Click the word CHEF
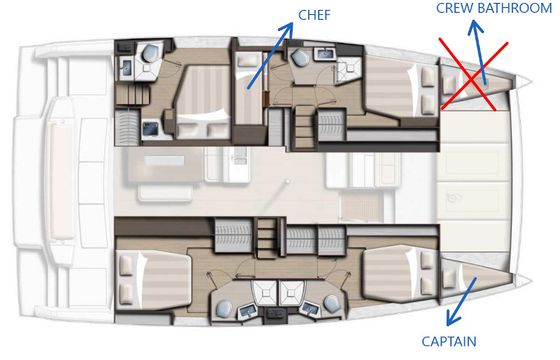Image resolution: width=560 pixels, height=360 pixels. pos(314,15)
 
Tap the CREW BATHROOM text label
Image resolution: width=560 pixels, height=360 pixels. pos(494,8)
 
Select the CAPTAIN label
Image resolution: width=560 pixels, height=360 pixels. pos(449,341)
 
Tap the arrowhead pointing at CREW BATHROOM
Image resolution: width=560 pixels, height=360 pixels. pos(475,27)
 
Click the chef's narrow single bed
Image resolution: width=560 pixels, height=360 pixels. pos(249,89)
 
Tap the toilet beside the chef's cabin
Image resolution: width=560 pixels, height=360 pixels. pos(299,58)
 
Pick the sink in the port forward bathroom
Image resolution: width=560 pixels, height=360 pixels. pos(325,54)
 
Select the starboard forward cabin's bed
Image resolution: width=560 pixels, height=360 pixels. pos(400,273)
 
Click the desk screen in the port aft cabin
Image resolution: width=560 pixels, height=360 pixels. pos(150,129)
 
